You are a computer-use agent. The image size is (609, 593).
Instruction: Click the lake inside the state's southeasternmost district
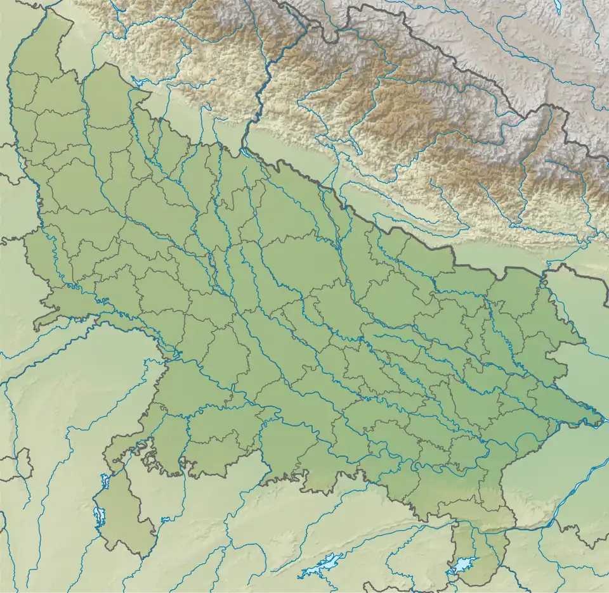coord(465,563)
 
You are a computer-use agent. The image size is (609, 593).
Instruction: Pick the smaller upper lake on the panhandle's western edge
coord(105,481)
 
